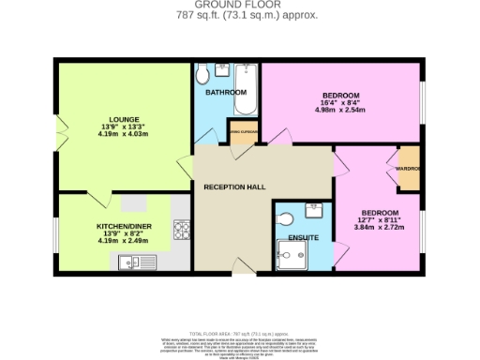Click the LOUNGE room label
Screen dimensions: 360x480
[124, 120]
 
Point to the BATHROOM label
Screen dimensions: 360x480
[226, 93]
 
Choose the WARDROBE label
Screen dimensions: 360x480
[409, 170]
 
